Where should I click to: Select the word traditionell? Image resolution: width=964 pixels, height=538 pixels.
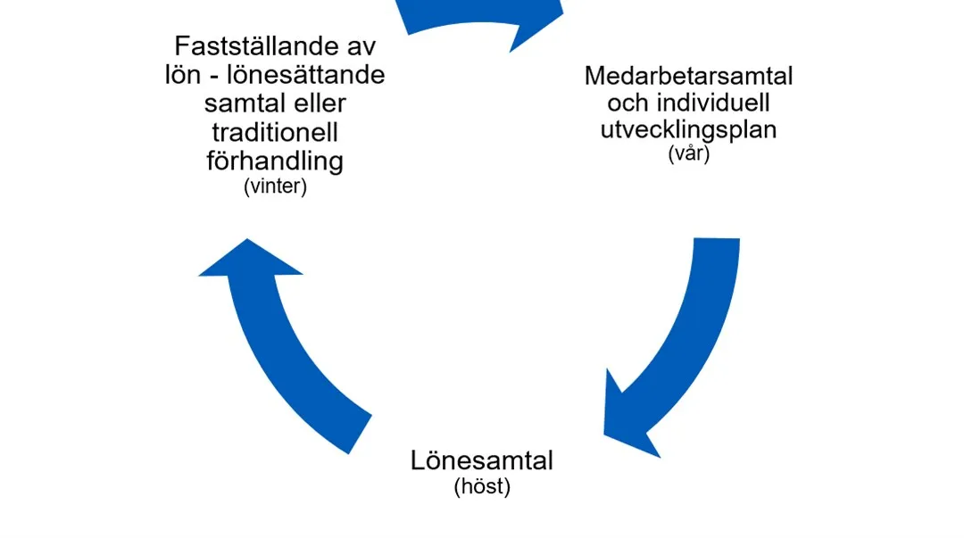275,132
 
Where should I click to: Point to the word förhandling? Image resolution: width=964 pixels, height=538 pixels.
275,161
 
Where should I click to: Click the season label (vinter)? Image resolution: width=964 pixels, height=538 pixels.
275,188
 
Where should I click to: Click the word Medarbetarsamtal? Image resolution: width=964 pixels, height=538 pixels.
688,76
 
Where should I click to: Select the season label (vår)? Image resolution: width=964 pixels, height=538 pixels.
688,153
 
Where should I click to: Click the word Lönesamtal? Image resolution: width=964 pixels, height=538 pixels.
482,461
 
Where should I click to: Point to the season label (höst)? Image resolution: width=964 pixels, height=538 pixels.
482,488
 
